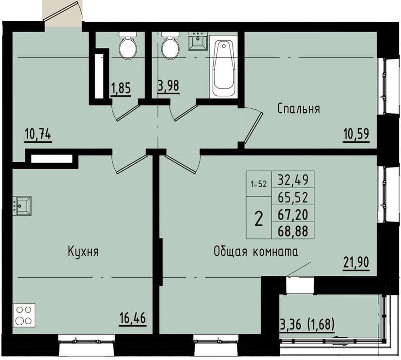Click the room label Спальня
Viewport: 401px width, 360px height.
298,109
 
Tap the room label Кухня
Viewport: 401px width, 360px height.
83,252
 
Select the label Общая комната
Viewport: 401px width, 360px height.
255,252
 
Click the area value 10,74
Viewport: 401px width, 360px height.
38,134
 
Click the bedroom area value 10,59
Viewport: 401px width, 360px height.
356,134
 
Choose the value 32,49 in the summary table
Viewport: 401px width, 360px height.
293,180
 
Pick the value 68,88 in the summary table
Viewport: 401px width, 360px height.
293,231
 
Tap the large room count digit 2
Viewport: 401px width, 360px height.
259,219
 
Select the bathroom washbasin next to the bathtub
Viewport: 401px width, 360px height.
198,41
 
